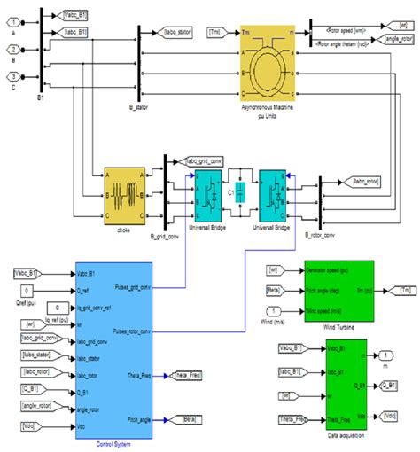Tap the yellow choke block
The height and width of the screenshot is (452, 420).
tap(124, 194)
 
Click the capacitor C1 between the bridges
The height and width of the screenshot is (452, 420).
tap(237, 192)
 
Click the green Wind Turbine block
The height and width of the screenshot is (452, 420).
tap(340, 292)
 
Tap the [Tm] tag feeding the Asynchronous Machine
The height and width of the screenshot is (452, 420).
tap(215, 32)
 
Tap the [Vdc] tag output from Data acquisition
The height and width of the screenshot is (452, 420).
tap(392, 414)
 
